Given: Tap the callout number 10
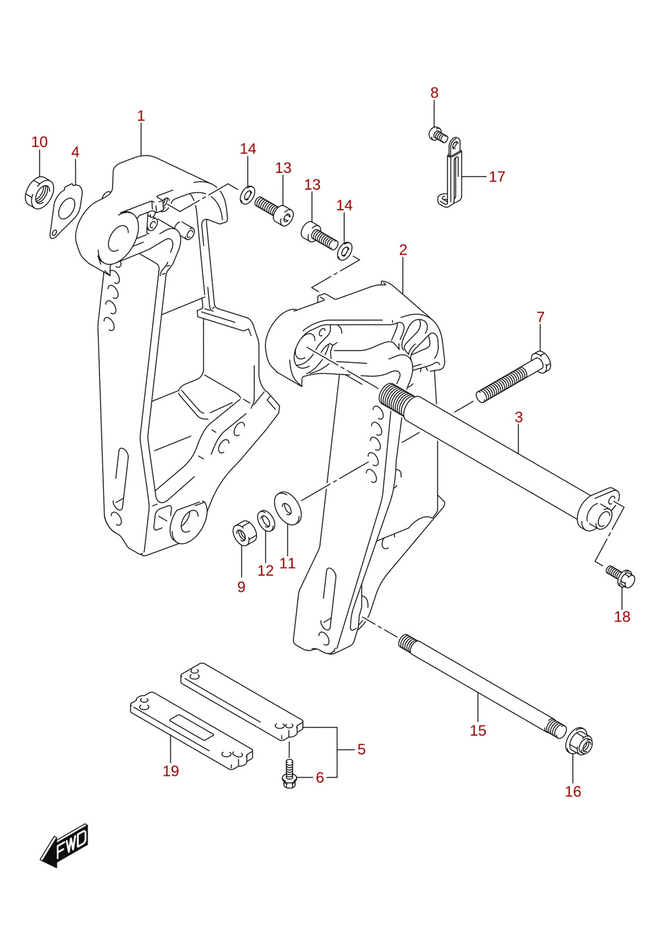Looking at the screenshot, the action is (x=40, y=142).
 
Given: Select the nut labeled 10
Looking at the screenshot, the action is (x=39, y=193).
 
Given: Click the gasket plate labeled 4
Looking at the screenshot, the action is (x=66, y=211).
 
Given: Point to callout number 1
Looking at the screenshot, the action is (x=141, y=116).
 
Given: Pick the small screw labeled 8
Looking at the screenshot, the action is (x=438, y=135).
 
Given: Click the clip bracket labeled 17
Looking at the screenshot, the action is (x=451, y=173).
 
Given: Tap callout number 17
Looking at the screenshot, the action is (x=497, y=176).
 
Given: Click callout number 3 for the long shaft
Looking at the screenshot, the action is (x=519, y=417).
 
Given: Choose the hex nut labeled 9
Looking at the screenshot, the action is (x=242, y=533).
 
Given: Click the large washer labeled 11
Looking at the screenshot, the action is (x=288, y=509).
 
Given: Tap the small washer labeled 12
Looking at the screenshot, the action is (x=266, y=521).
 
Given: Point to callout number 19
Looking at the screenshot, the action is (x=171, y=771).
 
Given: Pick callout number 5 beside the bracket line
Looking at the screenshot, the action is (x=362, y=749).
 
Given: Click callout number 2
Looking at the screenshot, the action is (x=403, y=250).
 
